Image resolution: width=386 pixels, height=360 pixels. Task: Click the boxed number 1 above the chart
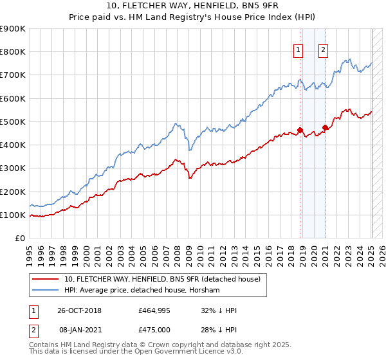[x=299, y=51]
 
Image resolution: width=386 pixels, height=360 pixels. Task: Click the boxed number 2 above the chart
[x=323, y=51]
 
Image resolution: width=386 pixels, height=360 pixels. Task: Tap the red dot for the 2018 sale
[x=300, y=130]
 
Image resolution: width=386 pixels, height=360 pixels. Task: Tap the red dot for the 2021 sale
[x=326, y=127]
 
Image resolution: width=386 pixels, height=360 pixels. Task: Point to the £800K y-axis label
[x=13, y=52]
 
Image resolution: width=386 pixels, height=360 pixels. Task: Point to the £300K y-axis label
[x=13, y=168]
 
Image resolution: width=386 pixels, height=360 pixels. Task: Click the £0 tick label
[x=20, y=239]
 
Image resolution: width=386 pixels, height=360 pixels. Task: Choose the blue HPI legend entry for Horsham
[x=142, y=291]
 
